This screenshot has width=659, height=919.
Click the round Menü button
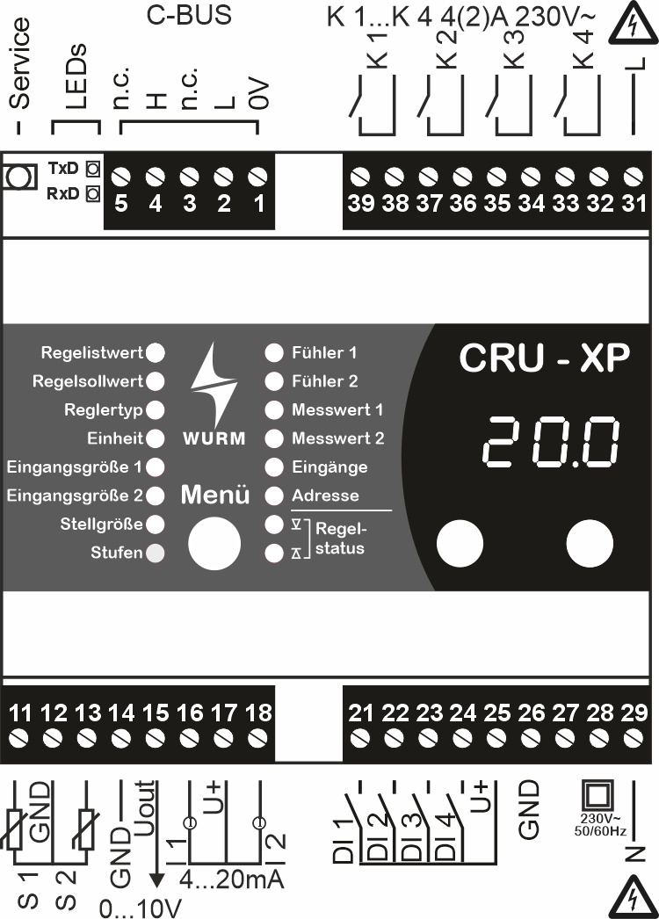pos(214,543)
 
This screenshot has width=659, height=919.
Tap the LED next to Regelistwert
pos(156,353)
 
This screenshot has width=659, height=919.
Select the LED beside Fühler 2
pos(274,381)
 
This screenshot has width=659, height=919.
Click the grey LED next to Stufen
pos(156,553)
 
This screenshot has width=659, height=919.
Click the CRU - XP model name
pos(545,358)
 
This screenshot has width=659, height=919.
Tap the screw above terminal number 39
pos(360,177)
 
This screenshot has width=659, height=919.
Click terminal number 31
pos(634,203)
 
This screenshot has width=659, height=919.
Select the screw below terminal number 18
pos(258,738)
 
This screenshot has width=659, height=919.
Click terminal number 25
pos(497,713)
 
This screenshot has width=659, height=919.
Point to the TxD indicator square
pos(92,169)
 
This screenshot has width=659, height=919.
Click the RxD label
pos(62,193)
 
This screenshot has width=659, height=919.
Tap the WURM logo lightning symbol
pos(214,384)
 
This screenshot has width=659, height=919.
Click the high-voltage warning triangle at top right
pos(632,24)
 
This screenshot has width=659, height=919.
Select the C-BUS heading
pos(189,15)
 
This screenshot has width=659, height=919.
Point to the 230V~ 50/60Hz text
pos(600,825)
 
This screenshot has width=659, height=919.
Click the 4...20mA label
pos(232,879)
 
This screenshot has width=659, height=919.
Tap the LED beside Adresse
pos(274,496)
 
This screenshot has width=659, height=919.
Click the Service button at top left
pos(18,177)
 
